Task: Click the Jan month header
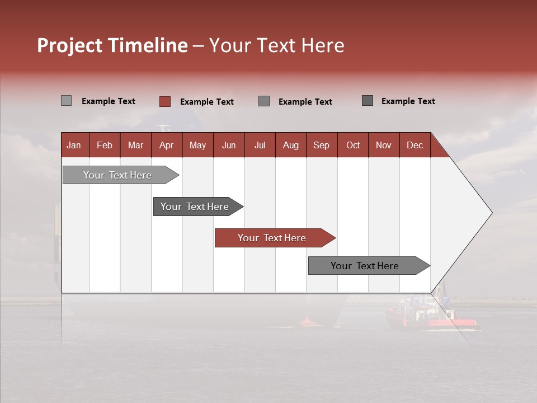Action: coord(74,145)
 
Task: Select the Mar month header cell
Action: coord(135,145)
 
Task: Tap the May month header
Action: coord(197,145)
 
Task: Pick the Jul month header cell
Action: coord(260,145)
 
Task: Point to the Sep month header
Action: coord(321,145)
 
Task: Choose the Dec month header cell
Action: coord(414,145)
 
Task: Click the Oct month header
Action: coord(353,145)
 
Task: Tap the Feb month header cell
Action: coord(105,145)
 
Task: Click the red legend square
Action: coord(165,101)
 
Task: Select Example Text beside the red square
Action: coord(206,102)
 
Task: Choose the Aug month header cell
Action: coord(290,145)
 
